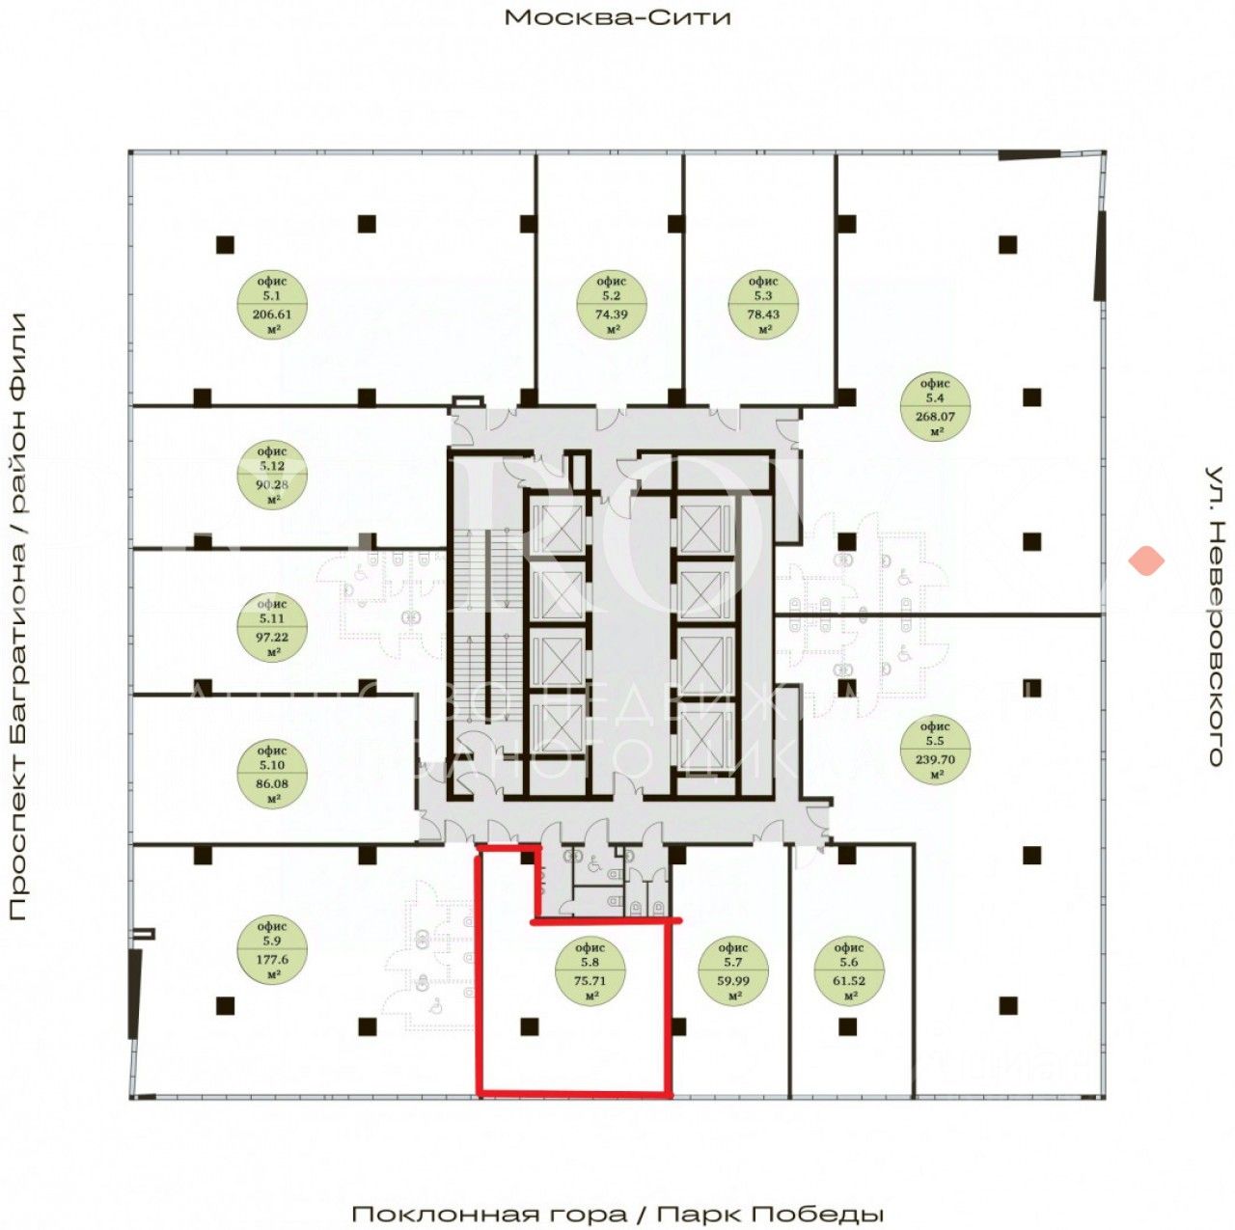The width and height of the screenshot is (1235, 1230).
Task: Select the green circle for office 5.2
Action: pos(611,305)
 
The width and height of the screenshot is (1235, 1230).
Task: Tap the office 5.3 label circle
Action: pos(763,305)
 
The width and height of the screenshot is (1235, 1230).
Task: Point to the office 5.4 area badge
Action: pos(935,408)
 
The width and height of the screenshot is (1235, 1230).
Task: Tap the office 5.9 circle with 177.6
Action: pos(273,951)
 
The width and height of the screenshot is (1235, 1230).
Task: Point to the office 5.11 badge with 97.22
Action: pos(273,628)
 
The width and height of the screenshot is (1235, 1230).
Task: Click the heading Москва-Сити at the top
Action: pos(617,17)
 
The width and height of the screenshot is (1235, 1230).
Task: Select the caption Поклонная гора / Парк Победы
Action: pos(617,1214)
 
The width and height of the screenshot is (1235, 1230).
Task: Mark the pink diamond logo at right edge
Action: pos(1147,560)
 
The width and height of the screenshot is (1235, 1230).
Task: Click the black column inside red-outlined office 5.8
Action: pos(528,1026)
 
